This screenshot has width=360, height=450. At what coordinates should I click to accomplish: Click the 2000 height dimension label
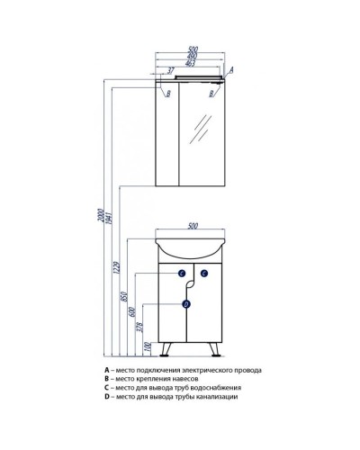tap(101, 215)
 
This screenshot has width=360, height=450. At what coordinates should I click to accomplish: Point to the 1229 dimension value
tap(117, 268)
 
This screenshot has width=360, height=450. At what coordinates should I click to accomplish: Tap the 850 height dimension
tap(125, 296)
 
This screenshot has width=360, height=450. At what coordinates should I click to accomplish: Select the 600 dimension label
tap(133, 312)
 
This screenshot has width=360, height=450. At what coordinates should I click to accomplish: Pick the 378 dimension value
tap(141, 327)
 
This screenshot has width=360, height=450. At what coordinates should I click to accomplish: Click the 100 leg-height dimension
tap(148, 347)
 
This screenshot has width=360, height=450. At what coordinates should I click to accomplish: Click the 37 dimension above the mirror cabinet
tap(170, 71)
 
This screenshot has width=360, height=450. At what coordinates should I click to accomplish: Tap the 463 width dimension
tap(190, 63)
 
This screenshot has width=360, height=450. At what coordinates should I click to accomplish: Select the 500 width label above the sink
tap(193, 226)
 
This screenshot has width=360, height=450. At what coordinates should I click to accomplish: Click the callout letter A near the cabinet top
tap(231, 70)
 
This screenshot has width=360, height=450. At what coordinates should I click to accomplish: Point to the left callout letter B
tap(168, 94)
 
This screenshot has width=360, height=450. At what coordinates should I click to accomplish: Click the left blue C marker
tap(182, 273)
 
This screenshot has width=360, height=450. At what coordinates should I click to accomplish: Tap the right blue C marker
tap(204, 273)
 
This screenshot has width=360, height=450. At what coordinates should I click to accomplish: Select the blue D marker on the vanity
tap(186, 304)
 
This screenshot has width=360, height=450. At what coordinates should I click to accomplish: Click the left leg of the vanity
tap(166, 349)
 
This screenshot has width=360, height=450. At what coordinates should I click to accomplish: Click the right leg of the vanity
tap(214, 349)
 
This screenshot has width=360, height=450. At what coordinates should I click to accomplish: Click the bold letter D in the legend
tap(106, 397)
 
